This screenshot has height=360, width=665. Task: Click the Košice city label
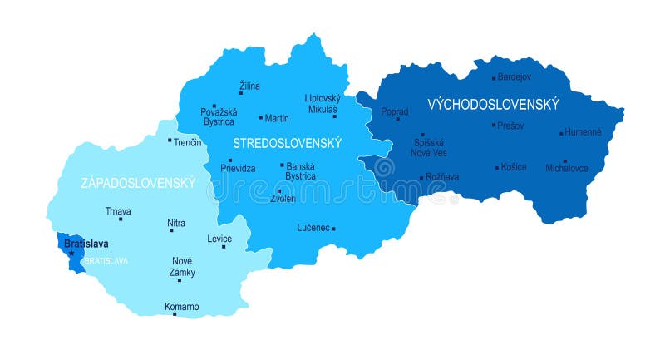[515, 167]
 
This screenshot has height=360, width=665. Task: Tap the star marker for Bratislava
[71, 253]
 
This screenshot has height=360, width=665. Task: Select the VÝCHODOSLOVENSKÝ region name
[493, 105]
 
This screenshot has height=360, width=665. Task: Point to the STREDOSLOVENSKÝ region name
[287, 143]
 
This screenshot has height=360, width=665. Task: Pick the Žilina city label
[249, 86]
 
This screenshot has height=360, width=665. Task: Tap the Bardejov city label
[515, 77]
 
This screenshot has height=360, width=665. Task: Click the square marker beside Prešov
[494, 126]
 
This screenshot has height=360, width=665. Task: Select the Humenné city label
[582, 132]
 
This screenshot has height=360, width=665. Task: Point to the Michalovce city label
[567, 169]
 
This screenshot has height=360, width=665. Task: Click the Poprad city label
[395, 111]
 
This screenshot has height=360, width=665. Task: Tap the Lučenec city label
[313, 228]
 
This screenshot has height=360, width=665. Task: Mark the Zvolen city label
[283, 199]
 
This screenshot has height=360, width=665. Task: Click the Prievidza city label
[238, 169]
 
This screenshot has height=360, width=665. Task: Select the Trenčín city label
[188, 143]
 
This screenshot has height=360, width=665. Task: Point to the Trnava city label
[118, 211]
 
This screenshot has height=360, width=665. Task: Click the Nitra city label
[176, 224]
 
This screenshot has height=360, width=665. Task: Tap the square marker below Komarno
[175, 314]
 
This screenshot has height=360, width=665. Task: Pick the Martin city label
[277, 119]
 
